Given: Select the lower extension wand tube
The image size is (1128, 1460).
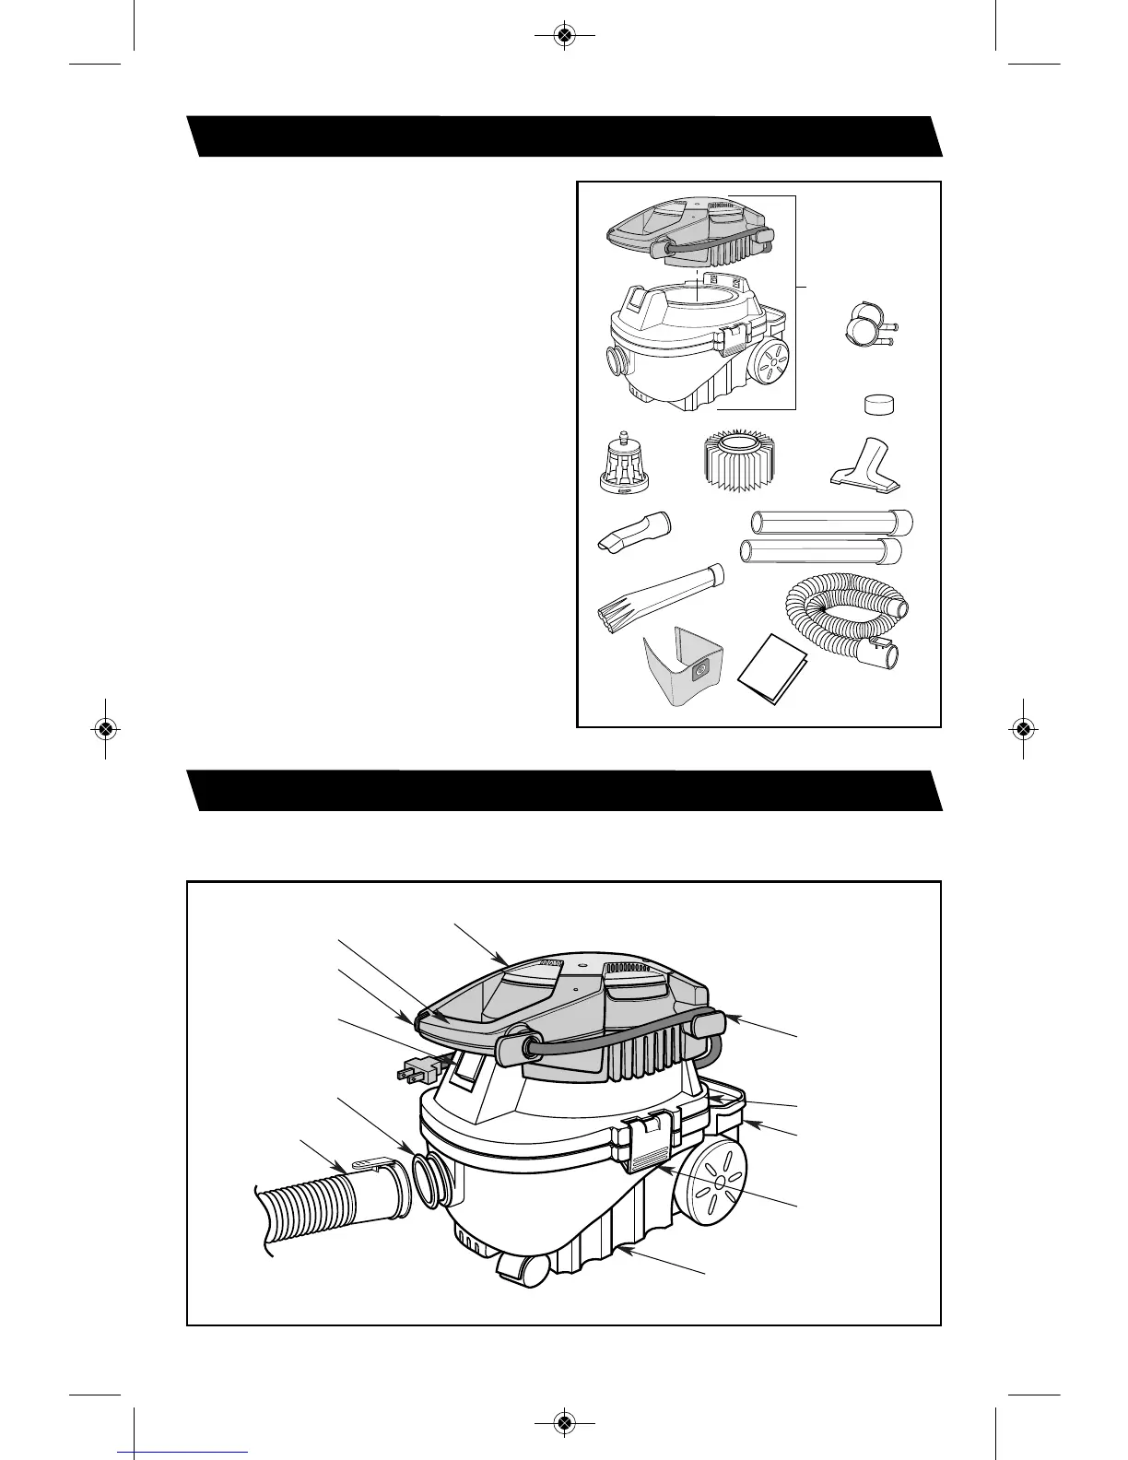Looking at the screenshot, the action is tap(821, 552).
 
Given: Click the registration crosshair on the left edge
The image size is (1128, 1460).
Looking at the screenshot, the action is tap(105, 728).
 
